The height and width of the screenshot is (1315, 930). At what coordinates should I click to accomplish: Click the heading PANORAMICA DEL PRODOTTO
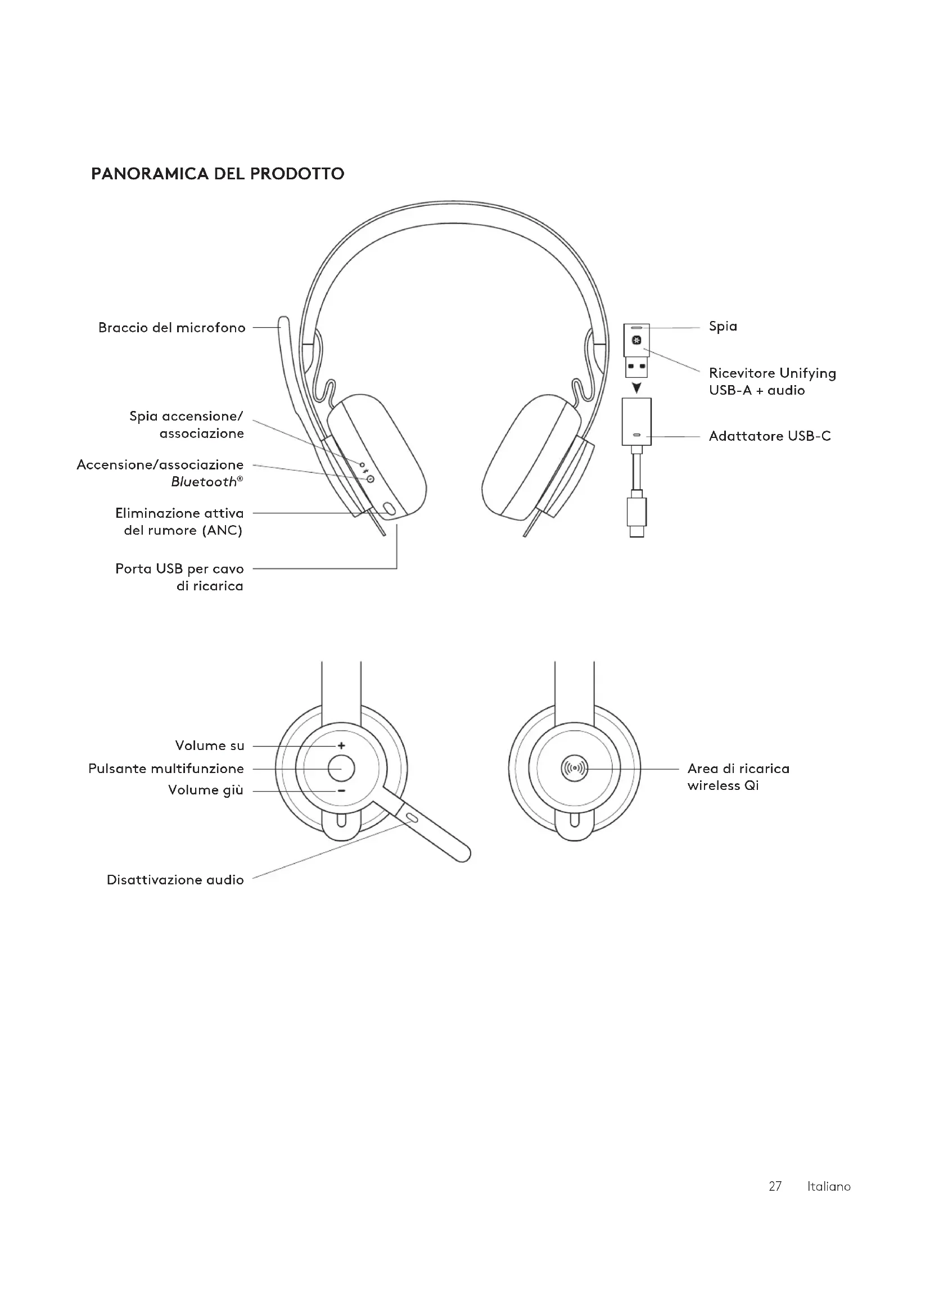218,174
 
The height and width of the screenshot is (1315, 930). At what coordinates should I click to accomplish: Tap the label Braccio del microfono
172,328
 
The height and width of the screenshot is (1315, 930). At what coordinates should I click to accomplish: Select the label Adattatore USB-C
769,436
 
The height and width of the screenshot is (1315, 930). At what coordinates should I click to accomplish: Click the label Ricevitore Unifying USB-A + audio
772,381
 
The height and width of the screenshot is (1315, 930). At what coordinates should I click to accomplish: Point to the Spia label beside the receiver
723,327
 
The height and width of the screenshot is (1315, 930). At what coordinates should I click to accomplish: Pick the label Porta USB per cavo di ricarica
179,577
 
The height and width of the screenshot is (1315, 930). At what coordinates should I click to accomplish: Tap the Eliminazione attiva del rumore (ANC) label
179,522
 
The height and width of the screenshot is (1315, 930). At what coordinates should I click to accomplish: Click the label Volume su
210,745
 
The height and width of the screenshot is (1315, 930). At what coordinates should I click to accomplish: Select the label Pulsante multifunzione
166,769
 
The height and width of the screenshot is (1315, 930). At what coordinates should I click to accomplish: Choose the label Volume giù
206,790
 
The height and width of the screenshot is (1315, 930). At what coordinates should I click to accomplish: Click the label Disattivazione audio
175,880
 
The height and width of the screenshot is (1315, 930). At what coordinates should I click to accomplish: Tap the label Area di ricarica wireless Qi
738,776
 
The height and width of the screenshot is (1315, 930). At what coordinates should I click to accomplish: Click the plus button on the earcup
341,745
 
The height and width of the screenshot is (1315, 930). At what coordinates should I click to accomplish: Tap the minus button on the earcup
341,791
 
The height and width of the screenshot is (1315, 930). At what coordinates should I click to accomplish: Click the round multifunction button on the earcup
341,768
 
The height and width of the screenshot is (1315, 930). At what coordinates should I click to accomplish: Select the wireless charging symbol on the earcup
575,768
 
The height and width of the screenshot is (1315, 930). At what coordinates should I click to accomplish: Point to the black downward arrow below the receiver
636,388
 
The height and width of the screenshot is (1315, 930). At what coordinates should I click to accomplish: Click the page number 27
775,1186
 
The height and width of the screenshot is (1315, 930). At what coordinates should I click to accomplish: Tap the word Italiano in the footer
829,1186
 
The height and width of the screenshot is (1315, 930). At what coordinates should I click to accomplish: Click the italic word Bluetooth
204,482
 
